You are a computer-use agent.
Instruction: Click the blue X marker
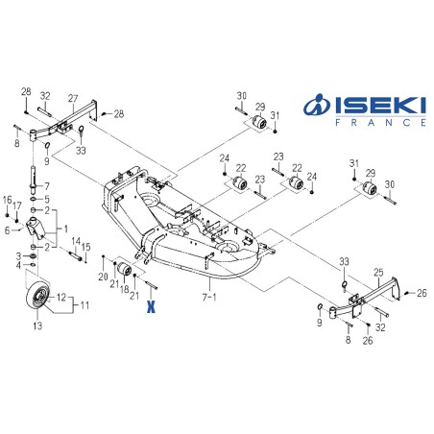(150, 308)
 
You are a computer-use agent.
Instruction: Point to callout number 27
(73, 99)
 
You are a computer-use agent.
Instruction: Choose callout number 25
(378, 273)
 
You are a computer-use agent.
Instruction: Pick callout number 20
(103, 276)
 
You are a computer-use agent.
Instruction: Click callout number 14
(76, 241)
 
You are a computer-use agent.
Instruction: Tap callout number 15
(87, 247)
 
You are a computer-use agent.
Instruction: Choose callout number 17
(16, 205)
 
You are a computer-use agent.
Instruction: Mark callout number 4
(18, 264)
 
